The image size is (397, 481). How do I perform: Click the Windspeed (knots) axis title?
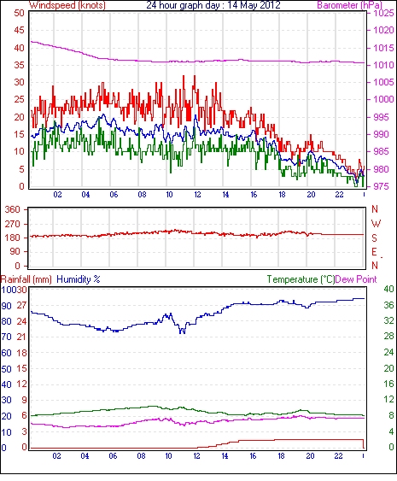click(67, 5)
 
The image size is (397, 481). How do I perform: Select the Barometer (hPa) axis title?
click(350, 5)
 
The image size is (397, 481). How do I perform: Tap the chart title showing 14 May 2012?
click(213, 5)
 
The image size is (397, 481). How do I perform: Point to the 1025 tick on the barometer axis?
click(383, 13)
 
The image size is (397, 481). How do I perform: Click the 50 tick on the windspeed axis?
click(19, 13)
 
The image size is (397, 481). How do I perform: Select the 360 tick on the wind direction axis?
click(12, 210)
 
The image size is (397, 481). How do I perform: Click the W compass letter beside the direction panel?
click(376, 223)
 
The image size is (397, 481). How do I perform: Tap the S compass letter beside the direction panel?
click(374, 238)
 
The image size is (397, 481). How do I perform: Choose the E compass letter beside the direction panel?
click(374, 252)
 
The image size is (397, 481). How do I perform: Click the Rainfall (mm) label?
click(26, 279)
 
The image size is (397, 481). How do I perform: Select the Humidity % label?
click(79, 279)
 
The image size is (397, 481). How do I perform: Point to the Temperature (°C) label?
click(301, 279)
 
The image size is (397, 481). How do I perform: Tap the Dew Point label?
click(356, 279)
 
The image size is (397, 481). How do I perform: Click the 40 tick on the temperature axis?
click(388, 289)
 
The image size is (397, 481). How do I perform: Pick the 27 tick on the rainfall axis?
click(21, 305)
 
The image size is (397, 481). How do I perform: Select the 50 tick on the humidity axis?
click(7, 369)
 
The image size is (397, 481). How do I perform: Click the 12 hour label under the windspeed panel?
click(197, 195)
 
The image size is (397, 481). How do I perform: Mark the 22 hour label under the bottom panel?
click(338, 456)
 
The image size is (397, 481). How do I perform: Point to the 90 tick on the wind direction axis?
click(15, 252)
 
